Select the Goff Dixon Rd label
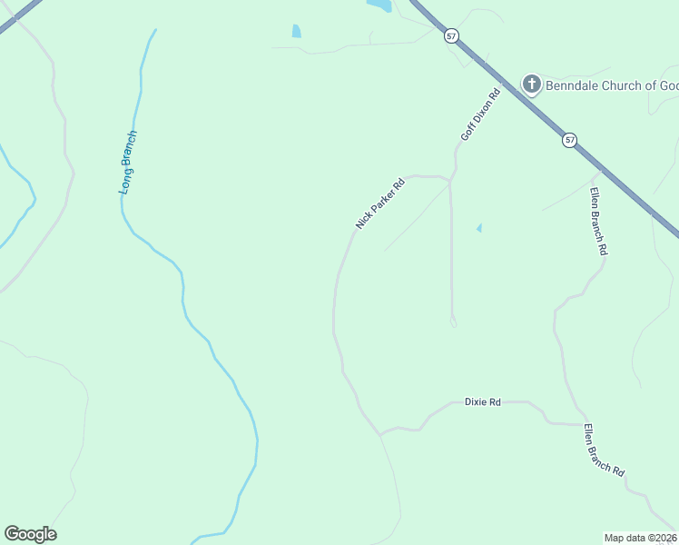480,114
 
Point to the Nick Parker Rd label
379,203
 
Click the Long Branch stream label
128,163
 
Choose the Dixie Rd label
482,401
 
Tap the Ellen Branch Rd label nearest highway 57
596,221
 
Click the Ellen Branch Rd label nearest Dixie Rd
605,451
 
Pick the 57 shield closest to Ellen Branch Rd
569,140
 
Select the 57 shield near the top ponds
452,35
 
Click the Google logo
30,534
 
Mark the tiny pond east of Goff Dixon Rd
478,228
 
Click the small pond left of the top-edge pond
297,32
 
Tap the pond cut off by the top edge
379,5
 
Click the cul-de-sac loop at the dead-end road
453,321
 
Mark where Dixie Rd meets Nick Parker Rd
379,434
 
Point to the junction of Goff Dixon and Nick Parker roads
450,180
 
